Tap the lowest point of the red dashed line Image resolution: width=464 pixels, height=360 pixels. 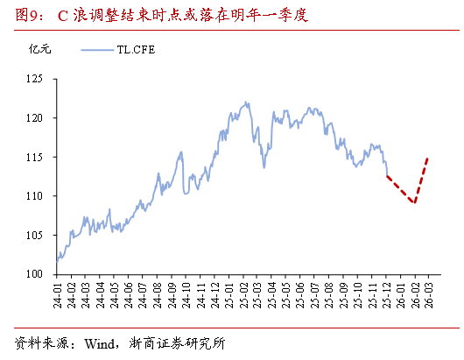[413, 203]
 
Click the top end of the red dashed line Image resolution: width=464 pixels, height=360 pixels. [428, 158]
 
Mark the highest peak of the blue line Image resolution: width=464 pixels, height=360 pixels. [246, 102]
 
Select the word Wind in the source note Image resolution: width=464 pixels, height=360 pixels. [99, 342]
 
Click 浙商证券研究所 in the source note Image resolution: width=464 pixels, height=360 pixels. [174, 342]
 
